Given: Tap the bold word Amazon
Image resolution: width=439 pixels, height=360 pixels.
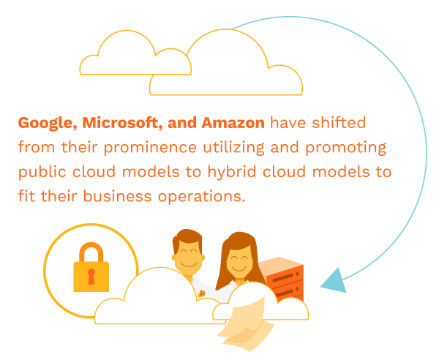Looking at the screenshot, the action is pos(233,123).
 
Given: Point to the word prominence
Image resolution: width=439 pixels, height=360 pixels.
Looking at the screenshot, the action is pos(150,148).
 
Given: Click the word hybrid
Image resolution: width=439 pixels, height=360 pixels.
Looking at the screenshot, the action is pos(231,172).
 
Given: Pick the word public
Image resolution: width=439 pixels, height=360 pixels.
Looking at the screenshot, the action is pos(42,172).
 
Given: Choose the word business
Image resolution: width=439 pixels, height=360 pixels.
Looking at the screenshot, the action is pos(117,196).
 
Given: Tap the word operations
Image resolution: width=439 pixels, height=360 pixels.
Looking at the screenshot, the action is pos(202,197).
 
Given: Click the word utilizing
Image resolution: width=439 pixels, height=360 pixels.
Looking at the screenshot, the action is pos(234,148).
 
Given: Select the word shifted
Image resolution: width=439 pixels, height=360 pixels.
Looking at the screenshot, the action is pos(339,123).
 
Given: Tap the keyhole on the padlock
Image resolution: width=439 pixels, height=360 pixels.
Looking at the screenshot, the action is pos(91,277).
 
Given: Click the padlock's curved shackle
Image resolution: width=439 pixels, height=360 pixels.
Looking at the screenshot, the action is pos(91,252).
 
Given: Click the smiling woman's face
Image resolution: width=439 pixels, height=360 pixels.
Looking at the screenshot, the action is pos(239,263).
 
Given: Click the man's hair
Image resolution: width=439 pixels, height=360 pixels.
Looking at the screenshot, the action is pos(187,239).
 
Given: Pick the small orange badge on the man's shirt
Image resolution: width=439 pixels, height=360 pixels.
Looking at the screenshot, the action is pos(202,293).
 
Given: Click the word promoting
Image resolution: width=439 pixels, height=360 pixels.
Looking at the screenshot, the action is pos(346,148).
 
